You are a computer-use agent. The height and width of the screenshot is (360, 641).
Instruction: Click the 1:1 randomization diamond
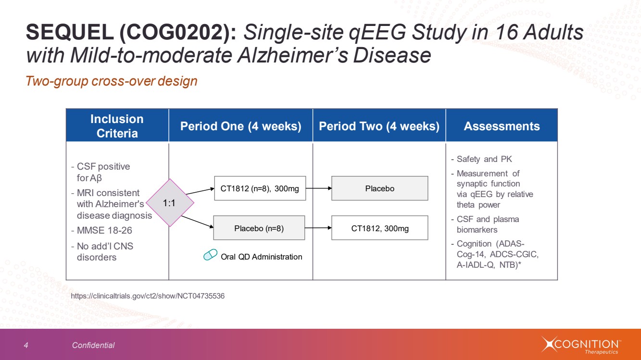(x=170, y=203)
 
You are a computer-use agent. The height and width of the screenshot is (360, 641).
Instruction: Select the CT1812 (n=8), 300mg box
(x=260, y=188)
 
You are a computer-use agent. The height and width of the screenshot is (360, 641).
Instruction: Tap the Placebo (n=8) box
(x=259, y=228)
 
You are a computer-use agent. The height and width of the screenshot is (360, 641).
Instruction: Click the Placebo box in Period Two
(x=380, y=188)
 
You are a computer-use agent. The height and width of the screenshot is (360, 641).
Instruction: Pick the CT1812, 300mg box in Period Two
(x=380, y=228)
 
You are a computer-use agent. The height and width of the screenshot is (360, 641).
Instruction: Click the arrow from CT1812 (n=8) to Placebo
(x=319, y=188)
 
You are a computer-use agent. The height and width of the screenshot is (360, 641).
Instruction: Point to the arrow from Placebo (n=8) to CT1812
(x=318, y=228)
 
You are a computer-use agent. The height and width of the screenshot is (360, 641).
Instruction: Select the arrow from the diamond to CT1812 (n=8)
(x=200, y=191)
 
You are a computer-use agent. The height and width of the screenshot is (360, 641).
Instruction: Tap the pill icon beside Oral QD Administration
(x=210, y=254)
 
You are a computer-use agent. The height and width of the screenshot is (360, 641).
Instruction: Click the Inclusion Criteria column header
(x=117, y=125)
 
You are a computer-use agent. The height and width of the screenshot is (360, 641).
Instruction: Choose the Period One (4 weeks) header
(x=240, y=125)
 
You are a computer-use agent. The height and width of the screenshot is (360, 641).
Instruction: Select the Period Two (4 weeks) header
(x=379, y=125)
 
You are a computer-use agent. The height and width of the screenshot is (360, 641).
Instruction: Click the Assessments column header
(x=502, y=125)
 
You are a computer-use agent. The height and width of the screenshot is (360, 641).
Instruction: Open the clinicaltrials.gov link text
(x=148, y=296)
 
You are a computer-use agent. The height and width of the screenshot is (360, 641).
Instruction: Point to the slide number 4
(x=26, y=346)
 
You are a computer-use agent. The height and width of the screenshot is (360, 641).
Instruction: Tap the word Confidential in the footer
(x=93, y=346)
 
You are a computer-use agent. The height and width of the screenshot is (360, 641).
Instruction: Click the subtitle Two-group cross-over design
(x=111, y=81)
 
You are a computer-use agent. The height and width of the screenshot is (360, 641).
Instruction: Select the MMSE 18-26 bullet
(x=101, y=231)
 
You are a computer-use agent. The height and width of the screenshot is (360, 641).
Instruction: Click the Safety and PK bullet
(x=481, y=159)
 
